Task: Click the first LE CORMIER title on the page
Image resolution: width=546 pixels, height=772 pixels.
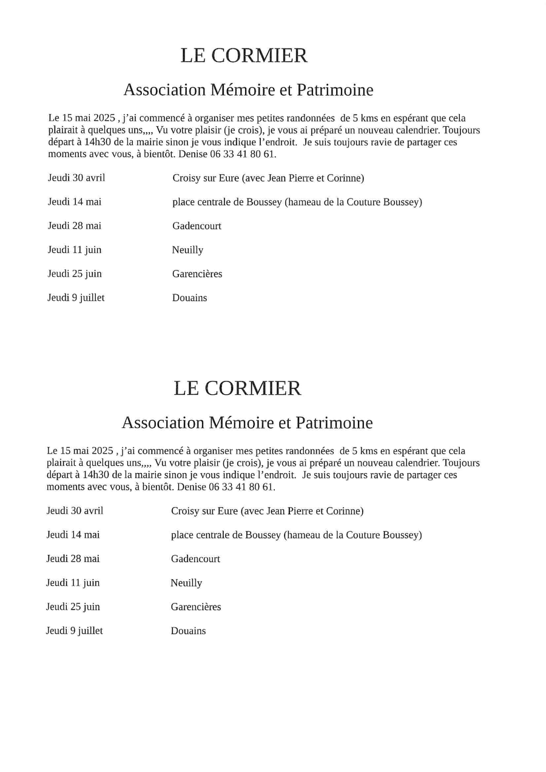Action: [244, 56]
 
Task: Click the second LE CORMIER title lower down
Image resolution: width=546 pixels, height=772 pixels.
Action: [237, 389]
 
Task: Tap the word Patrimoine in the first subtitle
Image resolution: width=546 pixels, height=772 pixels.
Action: [335, 90]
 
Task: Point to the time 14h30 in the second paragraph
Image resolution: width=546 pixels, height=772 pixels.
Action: [96, 475]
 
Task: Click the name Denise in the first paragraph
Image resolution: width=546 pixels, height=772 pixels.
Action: [192, 155]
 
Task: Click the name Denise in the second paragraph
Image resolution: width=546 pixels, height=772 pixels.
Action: [190, 487]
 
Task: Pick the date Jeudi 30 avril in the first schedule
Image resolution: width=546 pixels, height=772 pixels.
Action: [76, 178]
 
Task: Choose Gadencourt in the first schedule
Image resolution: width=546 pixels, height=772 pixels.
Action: [197, 226]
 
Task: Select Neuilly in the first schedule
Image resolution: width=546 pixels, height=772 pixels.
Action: [187, 250]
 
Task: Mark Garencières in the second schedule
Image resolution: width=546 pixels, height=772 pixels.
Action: [196, 607]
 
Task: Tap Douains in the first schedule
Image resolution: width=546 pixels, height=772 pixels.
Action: [189, 298]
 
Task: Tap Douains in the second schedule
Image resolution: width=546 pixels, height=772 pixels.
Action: [188, 631]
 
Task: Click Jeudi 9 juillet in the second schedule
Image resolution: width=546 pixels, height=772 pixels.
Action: [75, 631]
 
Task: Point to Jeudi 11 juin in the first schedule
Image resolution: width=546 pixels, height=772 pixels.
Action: [75, 250]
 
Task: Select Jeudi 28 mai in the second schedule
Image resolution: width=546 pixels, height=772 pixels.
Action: [73, 559]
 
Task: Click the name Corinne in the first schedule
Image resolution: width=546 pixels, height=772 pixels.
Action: [345, 178]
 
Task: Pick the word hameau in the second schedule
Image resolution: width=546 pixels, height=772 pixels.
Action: [303, 535]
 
